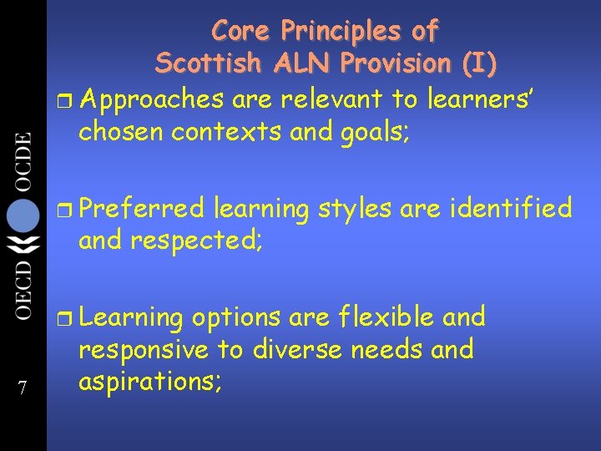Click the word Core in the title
(x=240, y=32)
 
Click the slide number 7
(x=23, y=388)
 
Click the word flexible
(x=386, y=317)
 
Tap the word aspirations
(x=149, y=383)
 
